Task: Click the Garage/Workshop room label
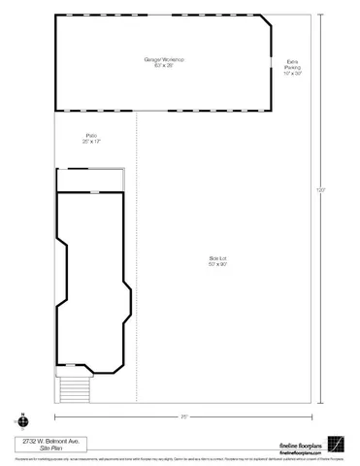[x=164, y=60]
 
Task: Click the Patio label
[x=91, y=135]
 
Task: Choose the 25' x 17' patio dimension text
[x=91, y=142]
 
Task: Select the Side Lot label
[x=217, y=257]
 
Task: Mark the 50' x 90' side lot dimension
[x=217, y=264]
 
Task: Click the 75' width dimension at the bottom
[x=183, y=416]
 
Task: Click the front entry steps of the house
[x=74, y=388]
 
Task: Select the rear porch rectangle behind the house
[x=89, y=180]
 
